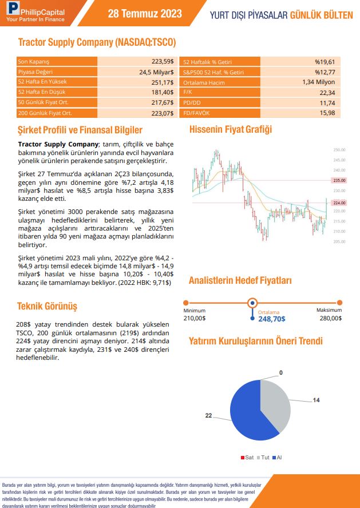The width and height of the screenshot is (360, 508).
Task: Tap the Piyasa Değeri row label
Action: point(35,72)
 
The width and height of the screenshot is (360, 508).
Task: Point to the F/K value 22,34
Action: point(327,92)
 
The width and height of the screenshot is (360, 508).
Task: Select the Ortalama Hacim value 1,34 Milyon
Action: point(318,82)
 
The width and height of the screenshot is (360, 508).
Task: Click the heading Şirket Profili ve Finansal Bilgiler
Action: point(80,130)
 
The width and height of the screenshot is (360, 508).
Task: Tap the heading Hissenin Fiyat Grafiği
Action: point(231,130)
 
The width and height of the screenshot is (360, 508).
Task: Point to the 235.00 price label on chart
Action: point(339,180)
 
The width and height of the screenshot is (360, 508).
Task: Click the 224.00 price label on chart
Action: point(339,203)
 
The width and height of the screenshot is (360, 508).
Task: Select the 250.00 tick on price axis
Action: point(339,150)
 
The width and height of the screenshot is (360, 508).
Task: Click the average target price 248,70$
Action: point(271,319)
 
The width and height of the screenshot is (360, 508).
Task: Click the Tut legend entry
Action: point(265,458)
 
